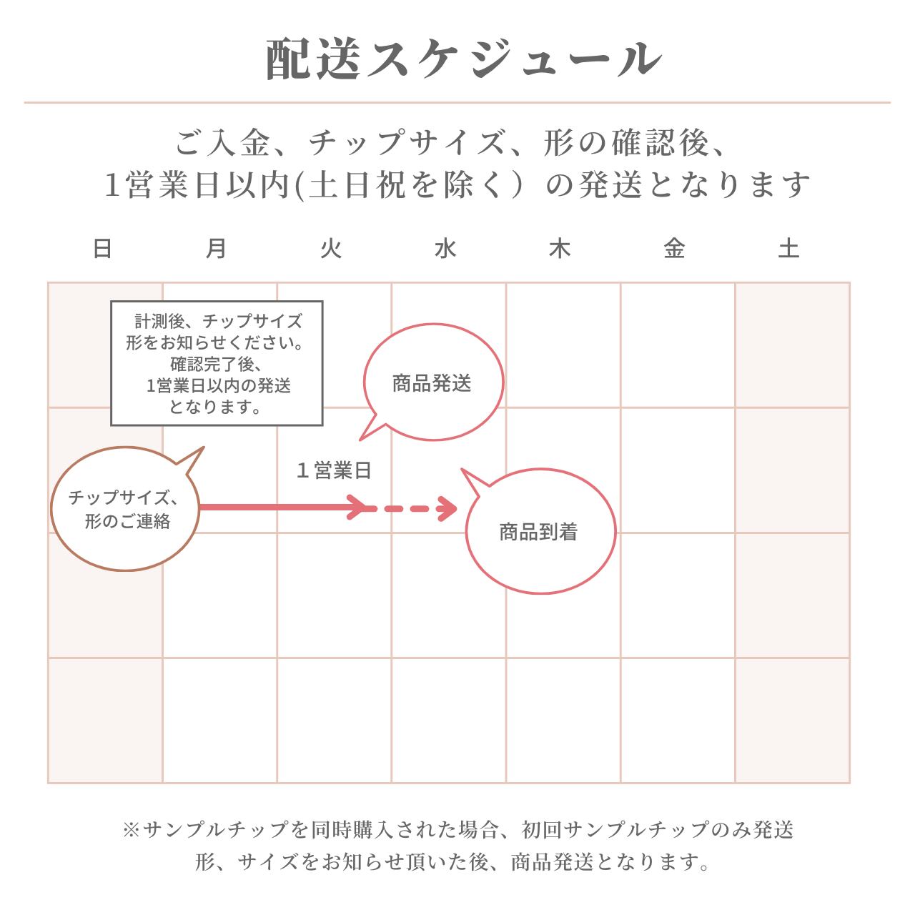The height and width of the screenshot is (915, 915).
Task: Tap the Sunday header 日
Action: [x=103, y=249]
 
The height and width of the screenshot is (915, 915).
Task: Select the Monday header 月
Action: [x=217, y=249]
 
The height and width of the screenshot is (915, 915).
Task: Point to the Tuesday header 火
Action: [x=331, y=249]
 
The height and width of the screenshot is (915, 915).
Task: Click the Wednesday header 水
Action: [x=445, y=249]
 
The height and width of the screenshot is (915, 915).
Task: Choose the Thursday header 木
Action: [x=560, y=249]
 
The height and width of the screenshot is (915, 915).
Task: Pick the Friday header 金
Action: [x=674, y=249]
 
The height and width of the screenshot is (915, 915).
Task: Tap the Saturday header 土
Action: [x=788, y=249]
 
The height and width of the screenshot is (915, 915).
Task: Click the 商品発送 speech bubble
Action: [x=433, y=383]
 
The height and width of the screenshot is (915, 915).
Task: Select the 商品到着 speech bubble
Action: [x=540, y=533]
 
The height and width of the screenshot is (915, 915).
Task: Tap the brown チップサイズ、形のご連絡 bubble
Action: [x=124, y=509]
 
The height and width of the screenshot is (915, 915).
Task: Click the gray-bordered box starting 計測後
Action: [x=217, y=363]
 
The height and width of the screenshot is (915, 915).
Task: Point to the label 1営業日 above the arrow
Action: [x=335, y=471]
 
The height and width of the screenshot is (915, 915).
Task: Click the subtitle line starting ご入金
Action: [x=452, y=144]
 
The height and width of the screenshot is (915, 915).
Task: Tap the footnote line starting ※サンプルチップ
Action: [x=457, y=830]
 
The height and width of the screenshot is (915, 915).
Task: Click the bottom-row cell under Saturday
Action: [x=792, y=720]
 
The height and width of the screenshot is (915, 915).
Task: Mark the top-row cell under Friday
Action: [x=678, y=345]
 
